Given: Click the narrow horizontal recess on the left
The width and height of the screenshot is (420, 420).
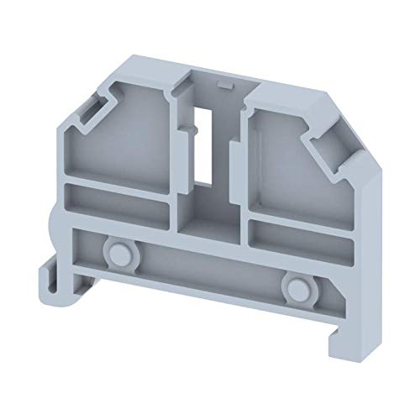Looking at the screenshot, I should click(x=118, y=202).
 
